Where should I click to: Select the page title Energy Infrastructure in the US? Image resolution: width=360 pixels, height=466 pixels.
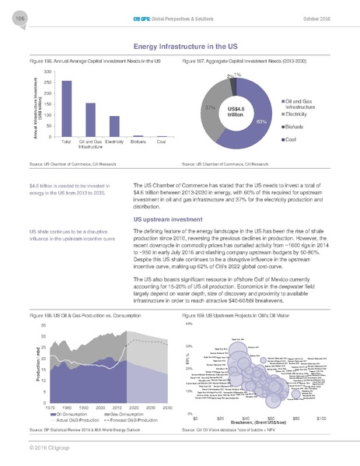click(x=180, y=47)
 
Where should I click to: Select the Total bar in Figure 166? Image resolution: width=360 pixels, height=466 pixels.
click(x=66, y=108)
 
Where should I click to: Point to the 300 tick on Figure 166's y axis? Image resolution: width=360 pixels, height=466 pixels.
click(x=47, y=72)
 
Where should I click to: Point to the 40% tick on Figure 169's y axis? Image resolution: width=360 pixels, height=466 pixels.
click(x=187, y=324)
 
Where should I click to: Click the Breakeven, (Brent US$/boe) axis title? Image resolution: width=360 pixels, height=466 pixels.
click(x=259, y=424)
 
